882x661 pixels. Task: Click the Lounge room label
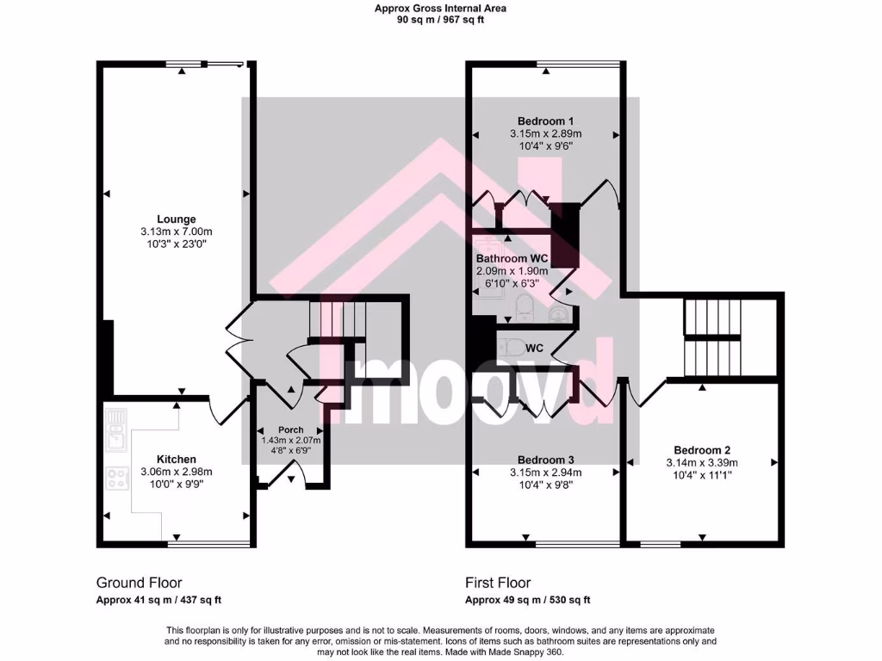[176, 219]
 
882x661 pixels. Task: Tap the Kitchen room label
[176, 460]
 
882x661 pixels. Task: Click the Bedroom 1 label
[545, 120]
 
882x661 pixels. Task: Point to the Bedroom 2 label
[702, 450]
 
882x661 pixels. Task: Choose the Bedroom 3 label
[545, 460]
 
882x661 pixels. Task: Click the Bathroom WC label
[513, 258]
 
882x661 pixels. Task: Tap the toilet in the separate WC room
[512, 348]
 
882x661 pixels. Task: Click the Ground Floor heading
[139, 583]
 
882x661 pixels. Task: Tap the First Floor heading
[498, 583]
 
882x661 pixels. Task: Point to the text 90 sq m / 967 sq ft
[440, 19]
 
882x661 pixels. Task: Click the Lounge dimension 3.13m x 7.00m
[176, 232]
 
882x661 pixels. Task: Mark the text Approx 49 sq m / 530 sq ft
[527, 600]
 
